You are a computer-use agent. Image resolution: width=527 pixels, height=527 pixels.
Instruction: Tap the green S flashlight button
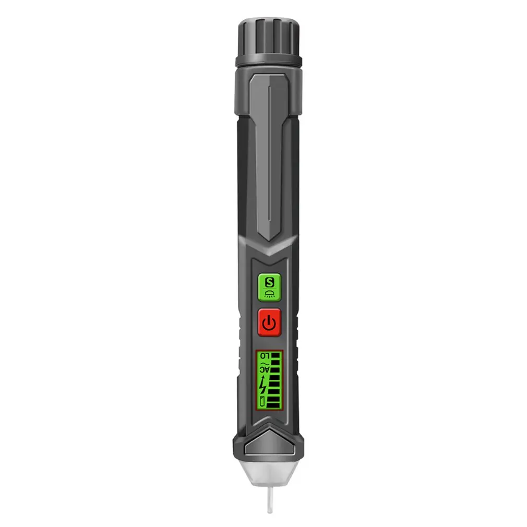[269, 288]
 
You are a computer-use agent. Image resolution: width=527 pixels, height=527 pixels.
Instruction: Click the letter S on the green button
[269, 283]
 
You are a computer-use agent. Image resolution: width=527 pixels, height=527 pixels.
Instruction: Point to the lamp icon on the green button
[269, 294]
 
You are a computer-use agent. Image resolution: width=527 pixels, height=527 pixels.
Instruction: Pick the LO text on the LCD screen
[263, 356]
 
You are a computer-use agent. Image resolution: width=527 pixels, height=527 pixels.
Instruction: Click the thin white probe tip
[269, 499]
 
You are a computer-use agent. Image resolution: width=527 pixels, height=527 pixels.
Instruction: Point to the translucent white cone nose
[269, 470]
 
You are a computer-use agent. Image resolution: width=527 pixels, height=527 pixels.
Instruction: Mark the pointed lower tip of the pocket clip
[269, 237]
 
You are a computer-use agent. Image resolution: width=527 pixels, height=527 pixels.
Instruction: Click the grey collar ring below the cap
[268, 62]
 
